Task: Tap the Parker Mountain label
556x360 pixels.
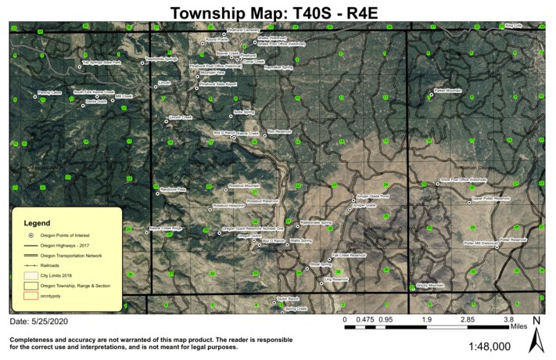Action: point(448,91)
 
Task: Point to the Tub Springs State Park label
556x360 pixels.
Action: point(102,63)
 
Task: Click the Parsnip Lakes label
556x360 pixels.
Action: point(49,92)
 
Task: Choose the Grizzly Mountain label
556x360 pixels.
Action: point(430,286)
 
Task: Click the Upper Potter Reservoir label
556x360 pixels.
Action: point(491,199)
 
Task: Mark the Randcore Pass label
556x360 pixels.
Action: point(173,189)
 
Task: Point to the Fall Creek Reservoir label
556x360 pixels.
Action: point(349,255)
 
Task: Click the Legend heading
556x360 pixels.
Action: point(38,223)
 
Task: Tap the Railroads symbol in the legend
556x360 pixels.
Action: point(30,266)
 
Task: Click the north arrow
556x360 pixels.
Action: point(537,336)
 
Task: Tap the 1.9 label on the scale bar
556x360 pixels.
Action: point(428,320)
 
